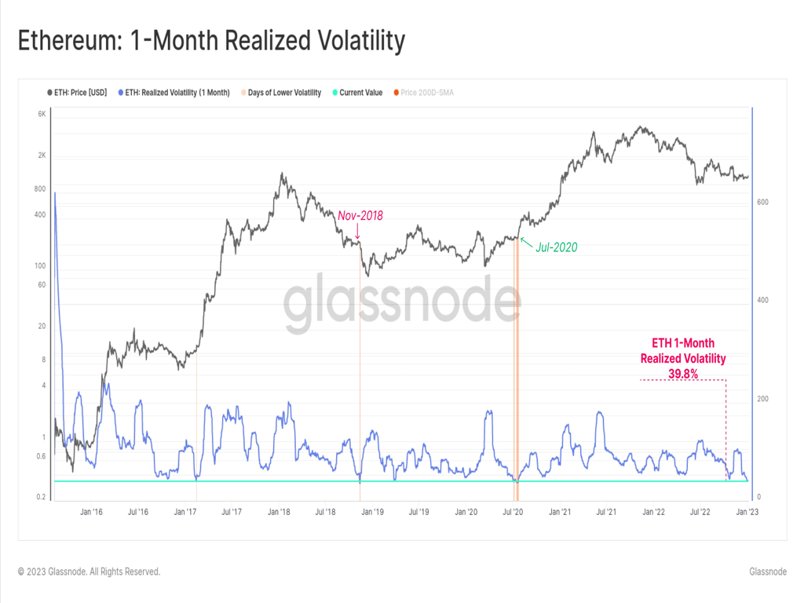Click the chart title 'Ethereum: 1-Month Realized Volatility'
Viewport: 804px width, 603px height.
pyautogui.click(x=211, y=40)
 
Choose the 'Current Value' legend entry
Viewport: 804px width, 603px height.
pyautogui.click(x=360, y=93)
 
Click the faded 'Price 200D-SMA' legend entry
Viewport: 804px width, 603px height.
pyautogui.click(x=427, y=93)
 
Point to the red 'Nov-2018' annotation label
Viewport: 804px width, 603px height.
pyautogui.click(x=360, y=215)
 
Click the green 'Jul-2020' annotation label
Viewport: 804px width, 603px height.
pyautogui.click(x=557, y=247)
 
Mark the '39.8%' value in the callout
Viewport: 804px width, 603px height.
pyautogui.click(x=683, y=374)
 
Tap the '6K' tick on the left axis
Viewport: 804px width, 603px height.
pyautogui.click(x=42, y=115)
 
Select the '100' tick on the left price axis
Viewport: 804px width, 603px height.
pyautogui.click(x=41, y=266)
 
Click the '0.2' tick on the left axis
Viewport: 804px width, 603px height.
pyautogui.click(x=41, y=497)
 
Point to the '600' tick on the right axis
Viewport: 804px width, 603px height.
pyautogui.click(x=762, y=202)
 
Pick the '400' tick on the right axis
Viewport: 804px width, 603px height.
pyautogui.click(x=762, y=301)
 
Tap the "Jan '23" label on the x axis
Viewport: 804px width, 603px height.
pyautogui.click(x=746, y=512)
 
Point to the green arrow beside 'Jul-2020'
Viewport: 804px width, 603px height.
pyautogui.click(x=525, y=241)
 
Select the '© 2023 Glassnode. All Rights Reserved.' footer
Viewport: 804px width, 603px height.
pyautogui.click(x=89, y=572)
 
